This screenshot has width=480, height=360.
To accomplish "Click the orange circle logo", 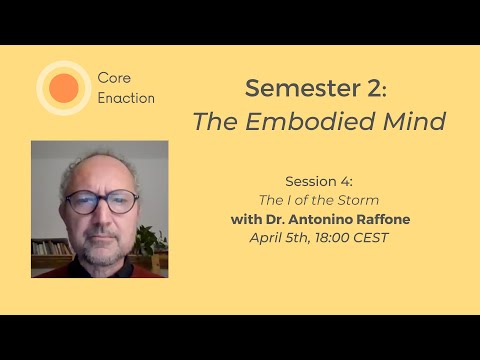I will coord(63,88).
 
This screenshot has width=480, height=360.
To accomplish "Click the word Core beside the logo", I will coord(115,77).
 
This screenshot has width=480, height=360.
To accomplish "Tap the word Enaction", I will coord(127,99).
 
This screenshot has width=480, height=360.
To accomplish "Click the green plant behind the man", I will coord(150,241).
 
